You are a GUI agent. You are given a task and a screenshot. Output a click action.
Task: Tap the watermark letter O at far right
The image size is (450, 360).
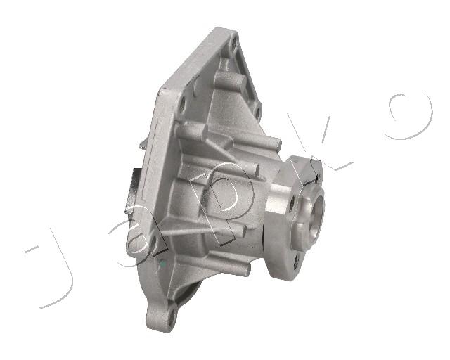[x=410, y=115]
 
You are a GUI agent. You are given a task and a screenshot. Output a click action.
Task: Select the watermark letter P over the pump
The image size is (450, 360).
[x=218, y=201]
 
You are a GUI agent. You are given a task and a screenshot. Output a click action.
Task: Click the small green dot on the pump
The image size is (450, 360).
[x=162, y=264]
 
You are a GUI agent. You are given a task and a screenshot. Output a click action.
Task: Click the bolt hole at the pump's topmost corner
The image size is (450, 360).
[x=234, y=44]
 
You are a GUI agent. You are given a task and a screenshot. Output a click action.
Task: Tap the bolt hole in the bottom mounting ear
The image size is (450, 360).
[x=172, y=317]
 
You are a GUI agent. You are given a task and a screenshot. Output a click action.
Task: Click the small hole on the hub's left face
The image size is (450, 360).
[x=292, y=203]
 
